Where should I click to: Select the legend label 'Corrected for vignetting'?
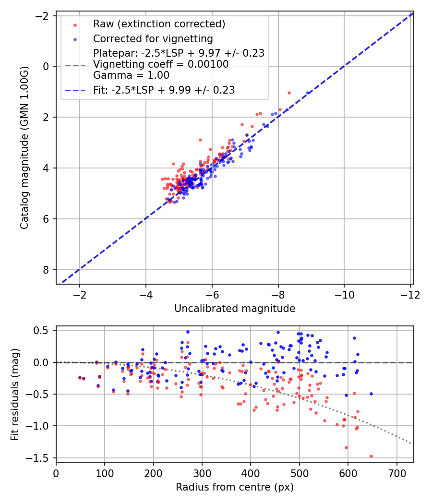153,38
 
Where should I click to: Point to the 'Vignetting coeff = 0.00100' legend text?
161,64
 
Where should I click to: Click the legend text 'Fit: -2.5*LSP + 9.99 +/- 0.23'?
164,90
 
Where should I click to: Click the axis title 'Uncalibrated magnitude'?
234,308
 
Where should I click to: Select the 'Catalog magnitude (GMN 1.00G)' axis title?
24,148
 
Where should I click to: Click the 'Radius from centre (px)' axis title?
234,487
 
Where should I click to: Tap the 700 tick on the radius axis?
396,473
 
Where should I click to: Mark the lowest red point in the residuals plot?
371,456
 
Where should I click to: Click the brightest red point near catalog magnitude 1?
289,93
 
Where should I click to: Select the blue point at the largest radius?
371,394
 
